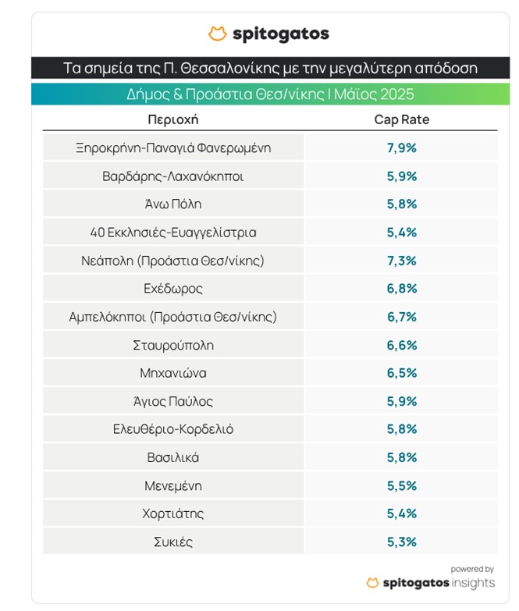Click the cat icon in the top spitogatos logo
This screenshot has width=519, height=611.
pos(218,34)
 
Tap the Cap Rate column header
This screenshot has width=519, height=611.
pos(402,120)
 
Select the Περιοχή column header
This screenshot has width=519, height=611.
pos(173,120)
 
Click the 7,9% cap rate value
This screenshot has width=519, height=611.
pos(402,147)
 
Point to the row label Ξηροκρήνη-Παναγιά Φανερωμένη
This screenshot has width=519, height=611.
pos(173,147)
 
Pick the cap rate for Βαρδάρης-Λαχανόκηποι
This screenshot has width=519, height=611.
pos(402,176)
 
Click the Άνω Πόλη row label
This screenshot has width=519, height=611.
pos(173,204)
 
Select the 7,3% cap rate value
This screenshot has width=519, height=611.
pos(402,261)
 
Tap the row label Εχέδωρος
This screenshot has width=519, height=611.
pos(173,289)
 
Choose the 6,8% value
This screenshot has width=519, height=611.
pos(402,289)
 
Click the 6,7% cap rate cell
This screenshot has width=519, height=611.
pos(402,317)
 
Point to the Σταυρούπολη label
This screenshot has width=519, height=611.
pos(173,345)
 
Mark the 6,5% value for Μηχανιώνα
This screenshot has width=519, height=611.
pos(402,373)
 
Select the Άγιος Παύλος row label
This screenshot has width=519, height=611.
pos(173,401)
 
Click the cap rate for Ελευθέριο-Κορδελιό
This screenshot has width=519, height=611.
pos(402,429)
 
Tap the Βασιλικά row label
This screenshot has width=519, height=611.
pos(173,457)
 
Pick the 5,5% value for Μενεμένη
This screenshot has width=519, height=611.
pos(402,485)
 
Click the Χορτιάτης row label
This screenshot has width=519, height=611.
pos(173,513)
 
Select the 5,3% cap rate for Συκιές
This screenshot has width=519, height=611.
pos(402,542)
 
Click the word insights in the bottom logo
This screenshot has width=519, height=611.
pos(471,584)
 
